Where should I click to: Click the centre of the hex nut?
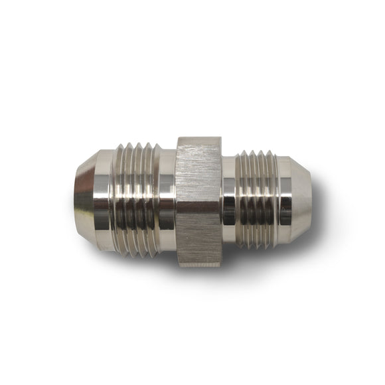pos(198,200)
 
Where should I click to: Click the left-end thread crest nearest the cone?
pos(119,199)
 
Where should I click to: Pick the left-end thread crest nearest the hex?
pos(153,199)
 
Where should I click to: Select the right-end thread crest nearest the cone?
pos(271,199)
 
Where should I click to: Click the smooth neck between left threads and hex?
pos(167,199)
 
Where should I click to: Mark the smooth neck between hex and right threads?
pos(228,199)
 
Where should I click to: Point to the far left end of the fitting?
pos(75,199)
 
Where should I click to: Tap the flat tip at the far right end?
pos(310,199)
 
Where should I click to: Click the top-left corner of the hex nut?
pos(177,137)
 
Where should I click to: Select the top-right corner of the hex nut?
pos(220,137)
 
